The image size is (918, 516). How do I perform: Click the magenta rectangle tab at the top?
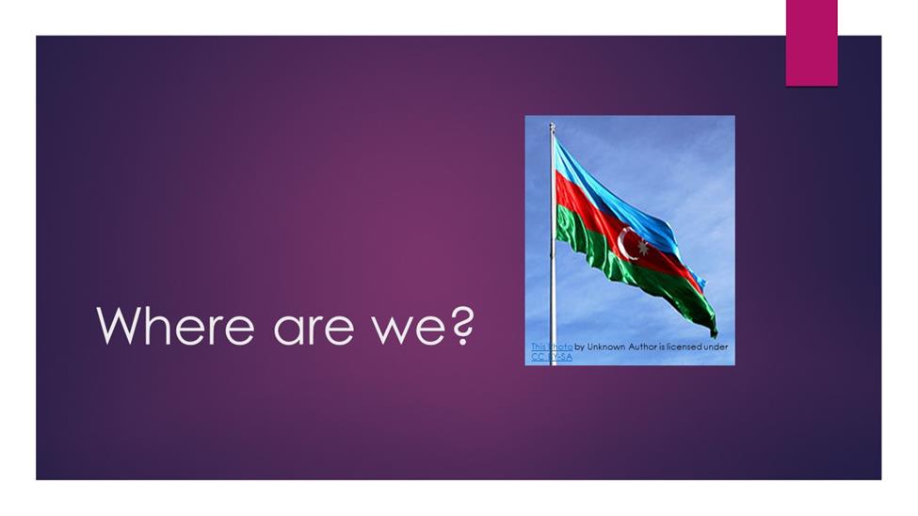[812, 42]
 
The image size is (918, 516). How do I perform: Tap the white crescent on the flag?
[624, 243]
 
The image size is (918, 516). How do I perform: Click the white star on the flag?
[643, 247]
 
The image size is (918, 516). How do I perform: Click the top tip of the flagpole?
[552, 123]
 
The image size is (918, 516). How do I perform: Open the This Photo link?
[552, 347]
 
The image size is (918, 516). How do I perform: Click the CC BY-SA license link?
[552, 357]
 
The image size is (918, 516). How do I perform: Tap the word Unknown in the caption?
[606, 347]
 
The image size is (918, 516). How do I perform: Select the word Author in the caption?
[643, 347]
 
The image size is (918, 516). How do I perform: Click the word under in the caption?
[716, 347]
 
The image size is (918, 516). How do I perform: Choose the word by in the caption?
[580, 347]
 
